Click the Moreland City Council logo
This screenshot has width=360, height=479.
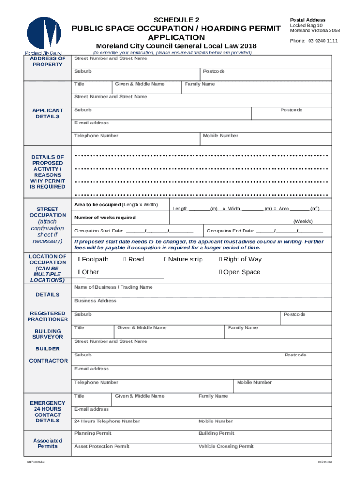(43, 35)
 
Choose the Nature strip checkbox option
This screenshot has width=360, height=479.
(166, 260)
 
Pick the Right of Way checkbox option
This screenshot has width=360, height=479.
(221, 260)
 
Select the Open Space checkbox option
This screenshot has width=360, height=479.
(221, 272)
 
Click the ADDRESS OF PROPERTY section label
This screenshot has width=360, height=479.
(47, 61)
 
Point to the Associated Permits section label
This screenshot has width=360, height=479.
(47, 443)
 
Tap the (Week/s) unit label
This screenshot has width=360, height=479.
(303, 221)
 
